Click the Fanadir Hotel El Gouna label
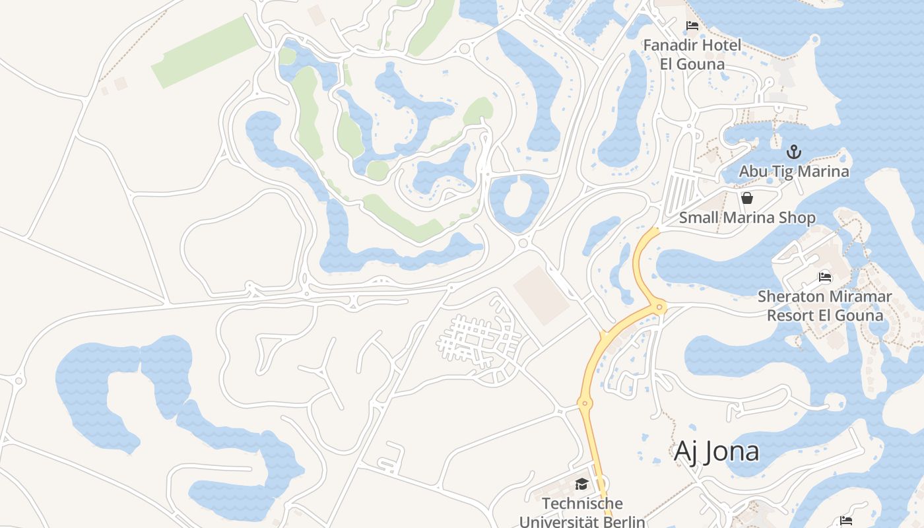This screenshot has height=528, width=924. (692, 55)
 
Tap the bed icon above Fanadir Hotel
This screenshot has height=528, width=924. (692, 26)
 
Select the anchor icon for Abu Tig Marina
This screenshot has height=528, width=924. (794, 152)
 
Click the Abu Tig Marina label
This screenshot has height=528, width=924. (793, 172)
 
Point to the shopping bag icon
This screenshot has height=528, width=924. (747, 198)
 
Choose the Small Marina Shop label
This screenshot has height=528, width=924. (747, 218)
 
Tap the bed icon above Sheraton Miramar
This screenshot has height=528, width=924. (824, 277)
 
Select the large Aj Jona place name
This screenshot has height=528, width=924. (716, 452)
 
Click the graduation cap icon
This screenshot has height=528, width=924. (581, 484)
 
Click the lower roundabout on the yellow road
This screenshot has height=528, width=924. (584, 403)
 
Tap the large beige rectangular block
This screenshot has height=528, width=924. (542, 296)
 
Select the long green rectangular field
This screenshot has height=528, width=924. (204, 52)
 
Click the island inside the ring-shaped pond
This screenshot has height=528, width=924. (519, 198)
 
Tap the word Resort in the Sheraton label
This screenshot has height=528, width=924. (790, 315)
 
